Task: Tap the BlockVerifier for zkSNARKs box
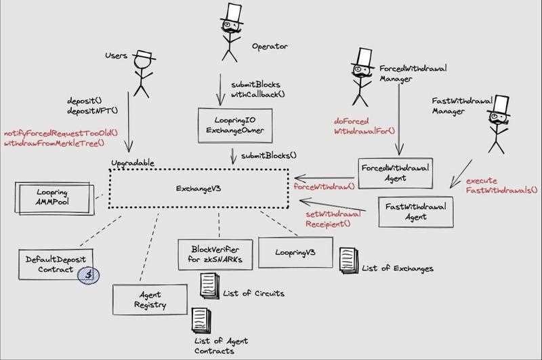[x=215, y=255]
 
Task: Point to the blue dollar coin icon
[x=87, y=274]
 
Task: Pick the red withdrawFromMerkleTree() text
[x=55, y=144]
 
